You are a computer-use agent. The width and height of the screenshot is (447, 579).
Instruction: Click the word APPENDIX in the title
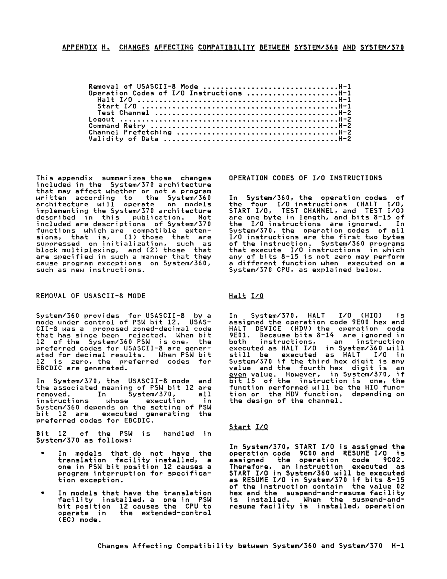point(79,47)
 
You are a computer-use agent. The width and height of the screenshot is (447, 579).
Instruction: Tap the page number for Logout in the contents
point(345,120)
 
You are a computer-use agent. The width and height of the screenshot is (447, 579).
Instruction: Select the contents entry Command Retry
point(117,126)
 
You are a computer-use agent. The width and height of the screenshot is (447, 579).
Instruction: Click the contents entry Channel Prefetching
point(130,133)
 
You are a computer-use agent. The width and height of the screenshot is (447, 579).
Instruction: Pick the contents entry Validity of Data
point(124,139)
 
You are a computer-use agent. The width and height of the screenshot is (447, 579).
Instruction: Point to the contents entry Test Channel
point(123,113)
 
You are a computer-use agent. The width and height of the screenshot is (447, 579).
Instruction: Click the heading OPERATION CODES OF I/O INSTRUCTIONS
point(305,178)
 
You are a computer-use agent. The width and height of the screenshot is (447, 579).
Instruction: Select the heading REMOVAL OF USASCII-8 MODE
point(91,296)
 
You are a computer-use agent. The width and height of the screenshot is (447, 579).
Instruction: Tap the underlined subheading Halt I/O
point(246,296)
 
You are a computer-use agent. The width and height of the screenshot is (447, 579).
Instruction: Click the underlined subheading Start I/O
point(248,427)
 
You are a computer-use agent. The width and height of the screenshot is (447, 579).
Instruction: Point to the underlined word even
point(238,375)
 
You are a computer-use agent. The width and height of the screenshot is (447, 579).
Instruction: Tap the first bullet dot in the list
point(42,454)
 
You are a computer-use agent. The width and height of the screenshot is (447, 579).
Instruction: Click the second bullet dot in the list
point(42,493)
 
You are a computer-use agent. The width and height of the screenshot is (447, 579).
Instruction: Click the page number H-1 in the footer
point(397,546)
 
